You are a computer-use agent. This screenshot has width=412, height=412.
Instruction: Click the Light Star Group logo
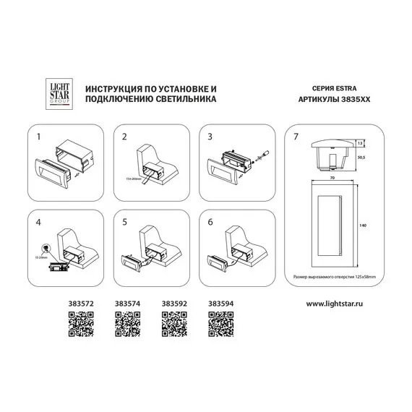point(56,92)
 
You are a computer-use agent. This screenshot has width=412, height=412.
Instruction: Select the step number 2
point(125,135)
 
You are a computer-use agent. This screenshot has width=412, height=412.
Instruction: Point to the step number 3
point(210,135)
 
